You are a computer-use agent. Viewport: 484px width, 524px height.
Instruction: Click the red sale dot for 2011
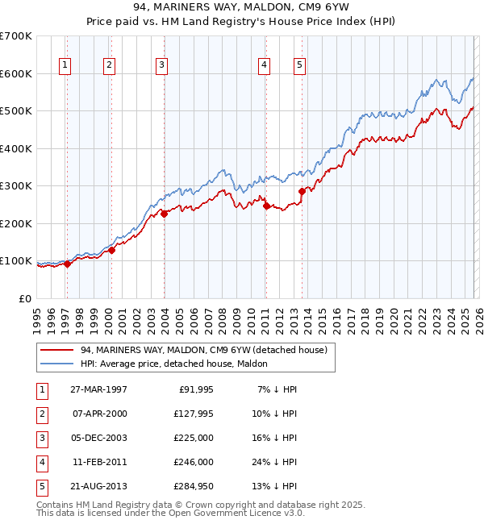[265, 206]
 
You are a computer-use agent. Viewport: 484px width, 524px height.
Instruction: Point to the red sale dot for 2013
[302, 192]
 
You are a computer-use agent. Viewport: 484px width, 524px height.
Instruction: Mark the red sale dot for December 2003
[164, 214]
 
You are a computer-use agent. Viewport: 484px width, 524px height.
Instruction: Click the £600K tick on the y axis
[16, 73]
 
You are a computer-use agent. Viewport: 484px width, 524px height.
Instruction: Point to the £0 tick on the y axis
[24, 298]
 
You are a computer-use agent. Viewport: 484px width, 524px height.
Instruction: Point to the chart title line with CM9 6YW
[242, 8]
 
